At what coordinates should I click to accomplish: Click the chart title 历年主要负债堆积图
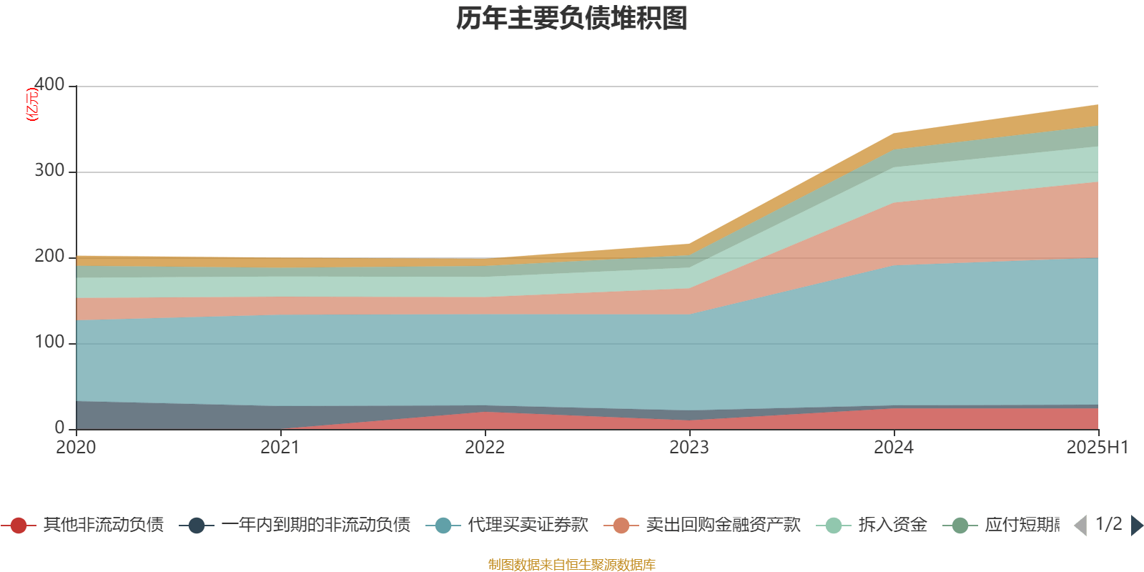[572, 19]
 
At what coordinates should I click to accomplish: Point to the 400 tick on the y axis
[49, 85]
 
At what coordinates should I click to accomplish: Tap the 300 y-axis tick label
[49, 171]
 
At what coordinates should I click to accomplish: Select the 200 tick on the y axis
[49, 257]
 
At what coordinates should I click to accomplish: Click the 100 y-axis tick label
[49, 342]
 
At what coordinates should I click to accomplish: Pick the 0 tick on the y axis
[60, 428]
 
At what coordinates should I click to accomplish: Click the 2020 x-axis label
[76, 448]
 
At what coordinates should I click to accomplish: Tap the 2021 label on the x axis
[280, 448]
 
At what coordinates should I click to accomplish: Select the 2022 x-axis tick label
[485, 448]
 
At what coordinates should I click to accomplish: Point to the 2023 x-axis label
[689, 448]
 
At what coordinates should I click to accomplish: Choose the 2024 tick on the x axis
[894, 448]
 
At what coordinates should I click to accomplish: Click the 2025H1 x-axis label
[1097, 448]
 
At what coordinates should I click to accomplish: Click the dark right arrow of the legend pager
[1136, 526]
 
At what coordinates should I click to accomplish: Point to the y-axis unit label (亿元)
[32, 105]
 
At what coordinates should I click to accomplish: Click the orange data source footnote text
[572, 565]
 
